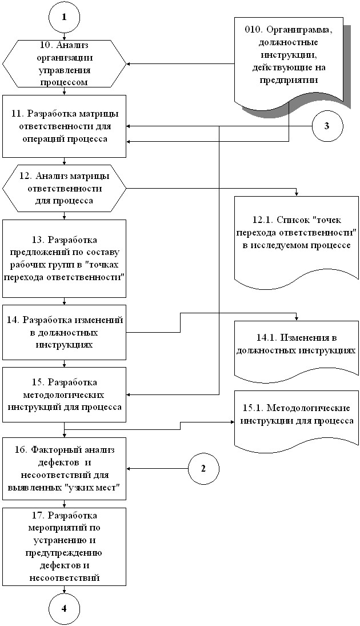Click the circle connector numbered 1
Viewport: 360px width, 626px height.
[x=64, y=17]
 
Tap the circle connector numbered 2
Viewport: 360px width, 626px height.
[x=203, y=469]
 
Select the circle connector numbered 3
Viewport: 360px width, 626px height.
[x=326, y=126]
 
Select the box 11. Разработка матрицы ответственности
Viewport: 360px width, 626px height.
[x=64, y=126]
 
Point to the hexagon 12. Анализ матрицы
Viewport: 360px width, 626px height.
[x=64, y=188]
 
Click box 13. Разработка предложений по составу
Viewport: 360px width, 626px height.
[x=64, y=258]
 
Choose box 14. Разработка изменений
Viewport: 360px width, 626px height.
[x=64, y=332]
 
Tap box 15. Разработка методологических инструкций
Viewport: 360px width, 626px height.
[x=64, y=394]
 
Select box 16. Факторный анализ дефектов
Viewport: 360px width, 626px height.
[x=64, y=469]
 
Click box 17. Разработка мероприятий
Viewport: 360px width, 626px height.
[x=64, y=547]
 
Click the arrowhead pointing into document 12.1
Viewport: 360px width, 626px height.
[x=296, y=194]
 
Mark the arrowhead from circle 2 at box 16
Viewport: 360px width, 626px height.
[x=129, y=469]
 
